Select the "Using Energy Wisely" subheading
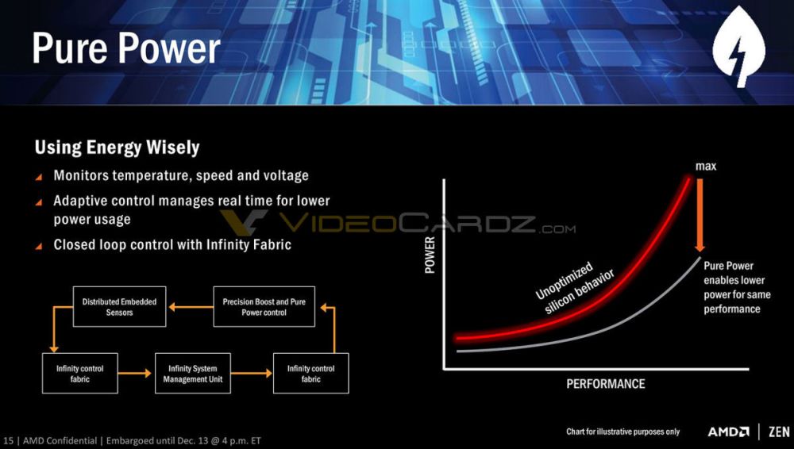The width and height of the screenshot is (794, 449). click(117, 148)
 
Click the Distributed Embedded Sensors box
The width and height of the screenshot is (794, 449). click(119, 307)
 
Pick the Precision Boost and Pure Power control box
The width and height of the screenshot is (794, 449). click(264, 307)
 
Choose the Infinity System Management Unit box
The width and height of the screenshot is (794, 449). click(192, 374)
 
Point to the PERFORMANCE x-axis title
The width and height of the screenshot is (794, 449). click(605, 384)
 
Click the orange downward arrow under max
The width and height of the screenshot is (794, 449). click(700, 214)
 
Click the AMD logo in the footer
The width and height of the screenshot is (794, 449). click(728, 432)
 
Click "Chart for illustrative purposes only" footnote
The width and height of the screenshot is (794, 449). click(622, 432)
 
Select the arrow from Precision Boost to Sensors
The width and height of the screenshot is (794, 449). click(190, 307)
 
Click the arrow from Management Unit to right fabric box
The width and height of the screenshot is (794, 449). click(251, 374)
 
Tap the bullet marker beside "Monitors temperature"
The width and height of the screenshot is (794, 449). click(39, 176)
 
